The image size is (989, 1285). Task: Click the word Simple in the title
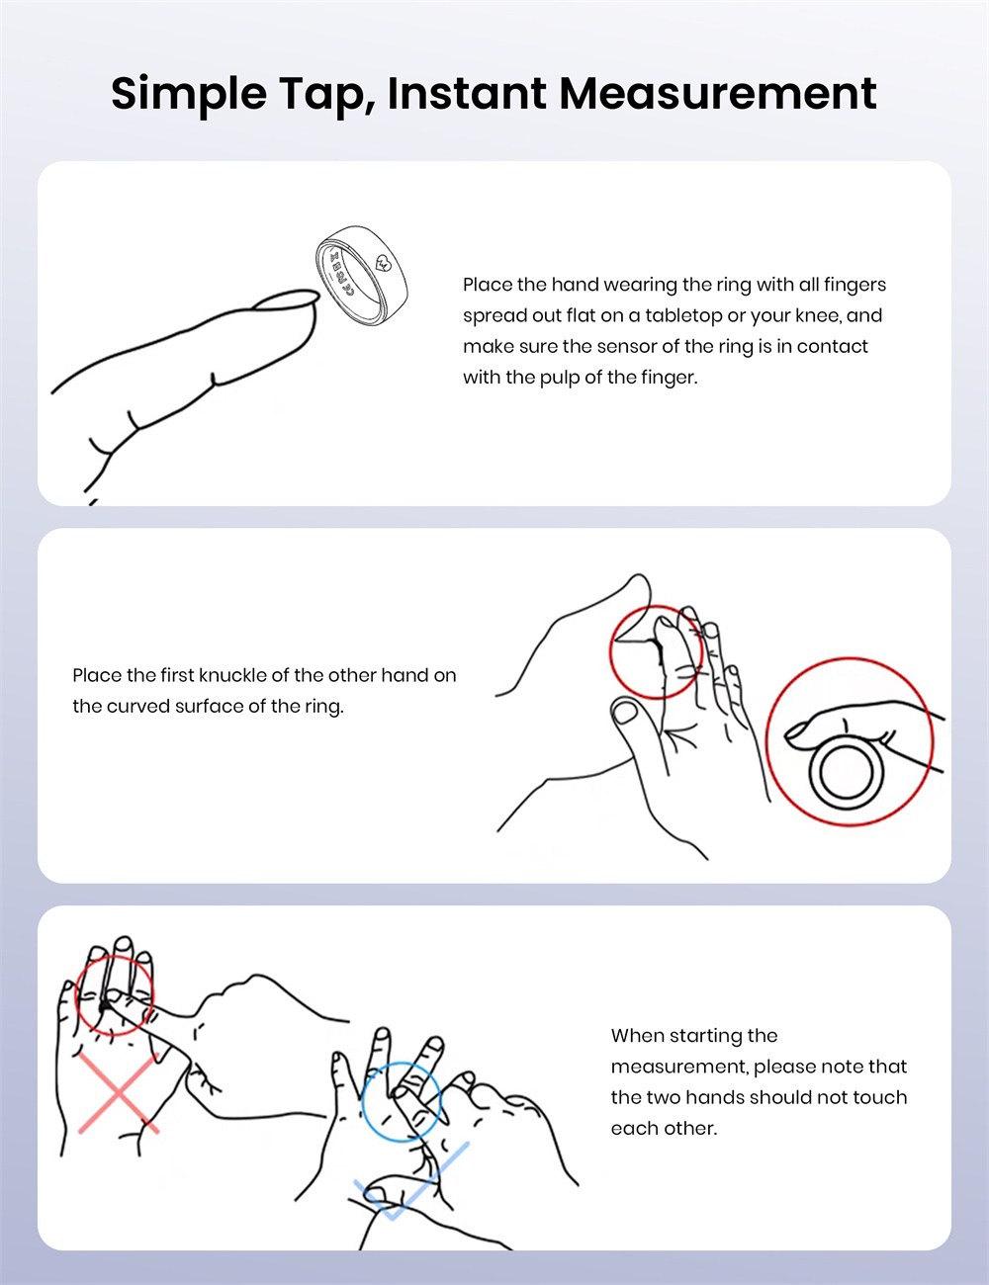tap(189, 94)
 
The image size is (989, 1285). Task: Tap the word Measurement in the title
tap(717, 94)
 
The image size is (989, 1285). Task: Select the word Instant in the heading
tap(467, 94)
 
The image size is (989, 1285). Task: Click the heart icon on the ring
tap(384, 262)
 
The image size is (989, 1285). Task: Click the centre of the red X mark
tap(119, 1093)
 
